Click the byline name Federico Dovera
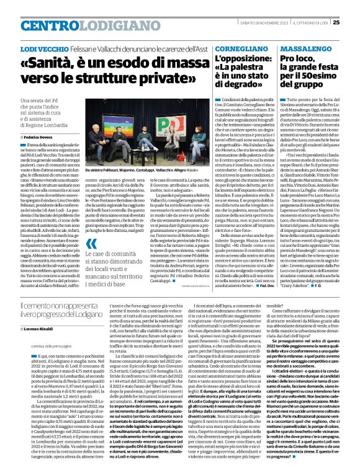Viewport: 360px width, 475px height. click(x=39, y=135)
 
